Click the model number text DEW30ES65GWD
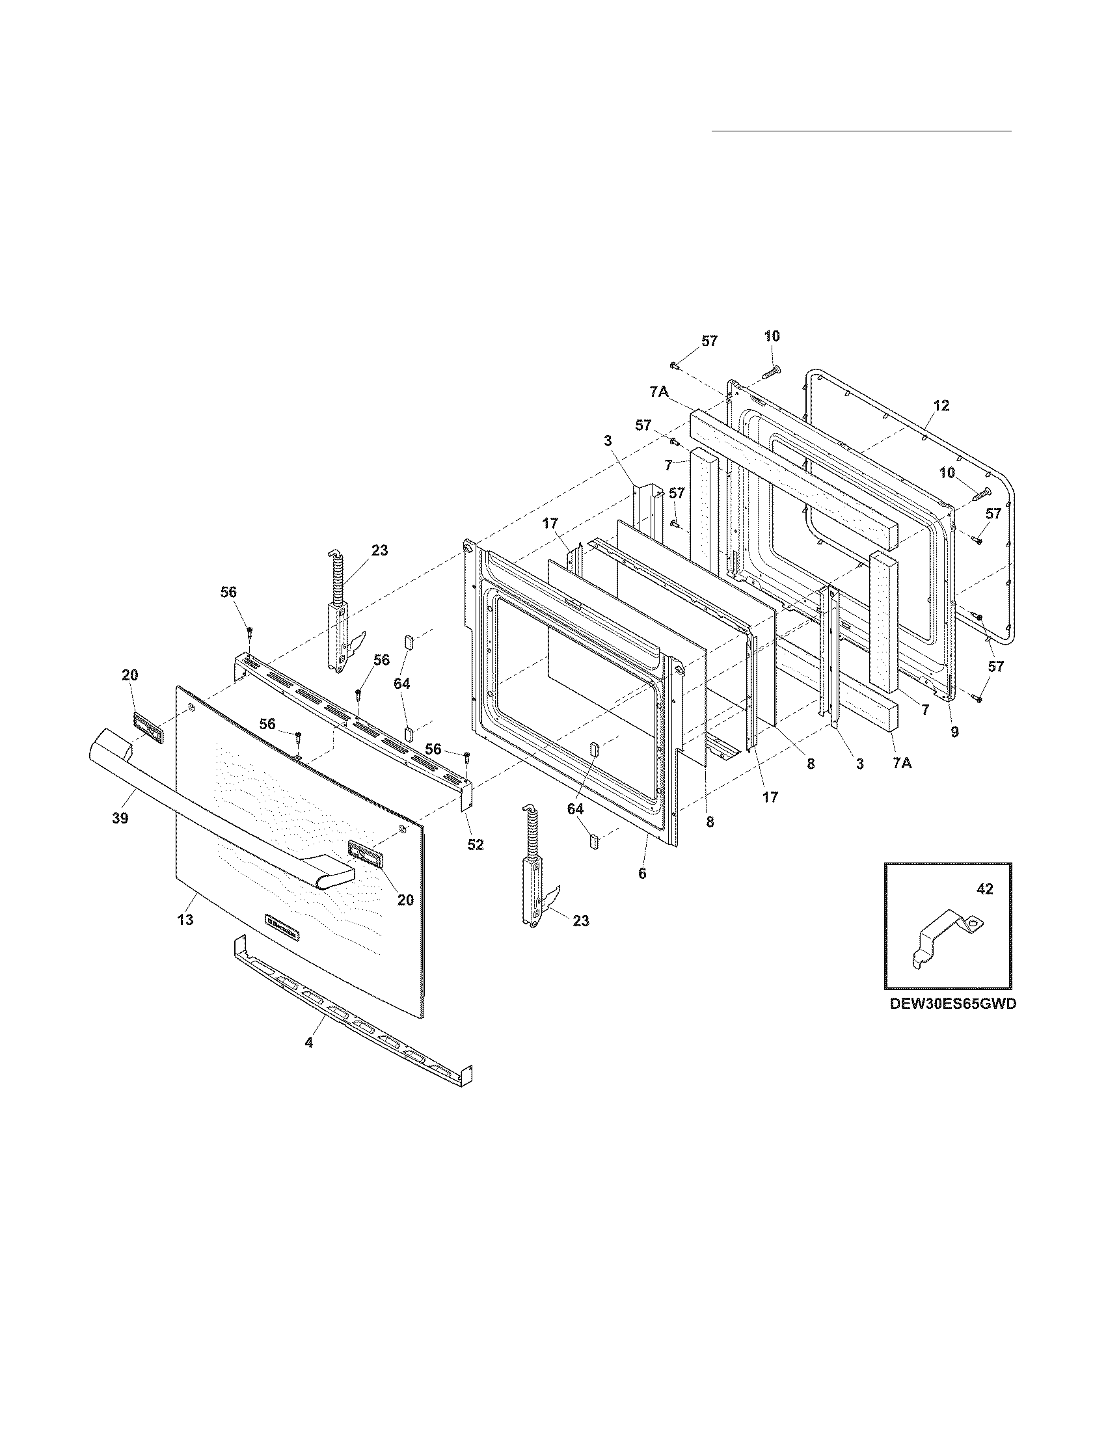pos(952,1022)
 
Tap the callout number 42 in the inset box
pos(985,889)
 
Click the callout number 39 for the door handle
pos(120,818)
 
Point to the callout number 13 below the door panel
pos(185,919)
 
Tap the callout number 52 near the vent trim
pos(476,844)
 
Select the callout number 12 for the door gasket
pos(941,406)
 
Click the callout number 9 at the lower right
pos(954,732)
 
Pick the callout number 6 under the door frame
pos(642,874)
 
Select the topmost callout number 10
pos(772,336)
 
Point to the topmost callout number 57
pos(710,341)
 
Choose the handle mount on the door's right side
pos(365,855)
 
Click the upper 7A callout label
pos(659,392)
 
